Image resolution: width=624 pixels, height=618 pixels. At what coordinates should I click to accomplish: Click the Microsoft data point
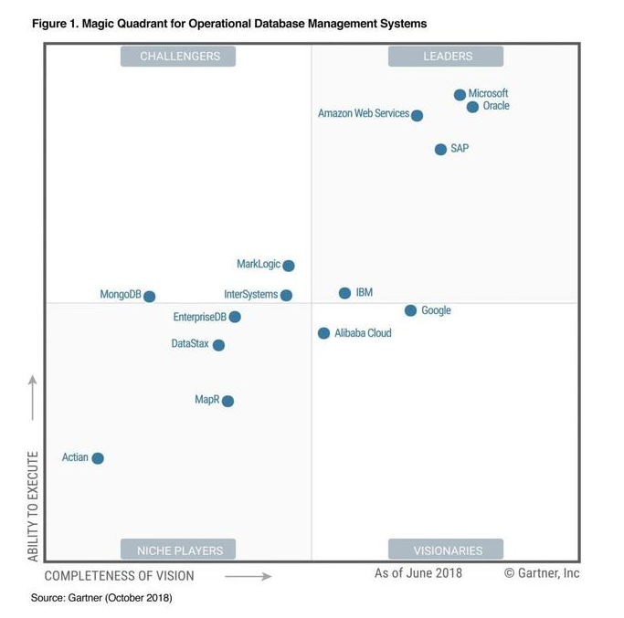tap(460, 95)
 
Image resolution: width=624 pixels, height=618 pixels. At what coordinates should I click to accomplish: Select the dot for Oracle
tap(472, 107)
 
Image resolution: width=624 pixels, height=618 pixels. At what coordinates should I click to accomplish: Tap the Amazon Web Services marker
tap(417, 116)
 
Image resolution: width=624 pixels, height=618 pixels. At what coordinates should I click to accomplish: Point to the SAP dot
tap(440, 149)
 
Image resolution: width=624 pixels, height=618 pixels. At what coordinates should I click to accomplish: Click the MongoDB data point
tap(149, 297)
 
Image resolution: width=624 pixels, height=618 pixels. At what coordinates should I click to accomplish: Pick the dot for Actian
tap(98, 458)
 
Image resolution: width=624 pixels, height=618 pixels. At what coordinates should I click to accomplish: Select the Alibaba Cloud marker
tap(323, 333)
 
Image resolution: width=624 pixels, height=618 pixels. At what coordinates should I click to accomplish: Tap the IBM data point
tap(344, 293)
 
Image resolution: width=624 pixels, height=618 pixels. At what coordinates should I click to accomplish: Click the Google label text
tap(436, 310)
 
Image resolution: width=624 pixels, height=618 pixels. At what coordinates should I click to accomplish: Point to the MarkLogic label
tap(259, 265)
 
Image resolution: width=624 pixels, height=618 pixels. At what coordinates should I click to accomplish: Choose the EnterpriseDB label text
tap(199, 317)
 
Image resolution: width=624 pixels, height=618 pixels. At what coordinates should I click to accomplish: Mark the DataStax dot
tap(218, 345)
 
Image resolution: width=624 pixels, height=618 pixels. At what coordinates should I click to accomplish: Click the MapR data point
tap(227, 401)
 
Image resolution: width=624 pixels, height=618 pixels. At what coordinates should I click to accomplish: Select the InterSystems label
tap(250, 295)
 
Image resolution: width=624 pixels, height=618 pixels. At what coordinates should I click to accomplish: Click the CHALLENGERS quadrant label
tap(179, 57)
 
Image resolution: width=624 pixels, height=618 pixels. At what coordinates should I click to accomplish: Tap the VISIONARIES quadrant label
tap(446, 550)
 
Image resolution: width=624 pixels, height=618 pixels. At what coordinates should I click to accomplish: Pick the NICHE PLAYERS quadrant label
tap(179, 550)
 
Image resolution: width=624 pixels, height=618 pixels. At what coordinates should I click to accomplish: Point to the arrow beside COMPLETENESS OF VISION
tap(248, 576)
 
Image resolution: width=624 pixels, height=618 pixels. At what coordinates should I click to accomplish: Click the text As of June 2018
tap(418, 573)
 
